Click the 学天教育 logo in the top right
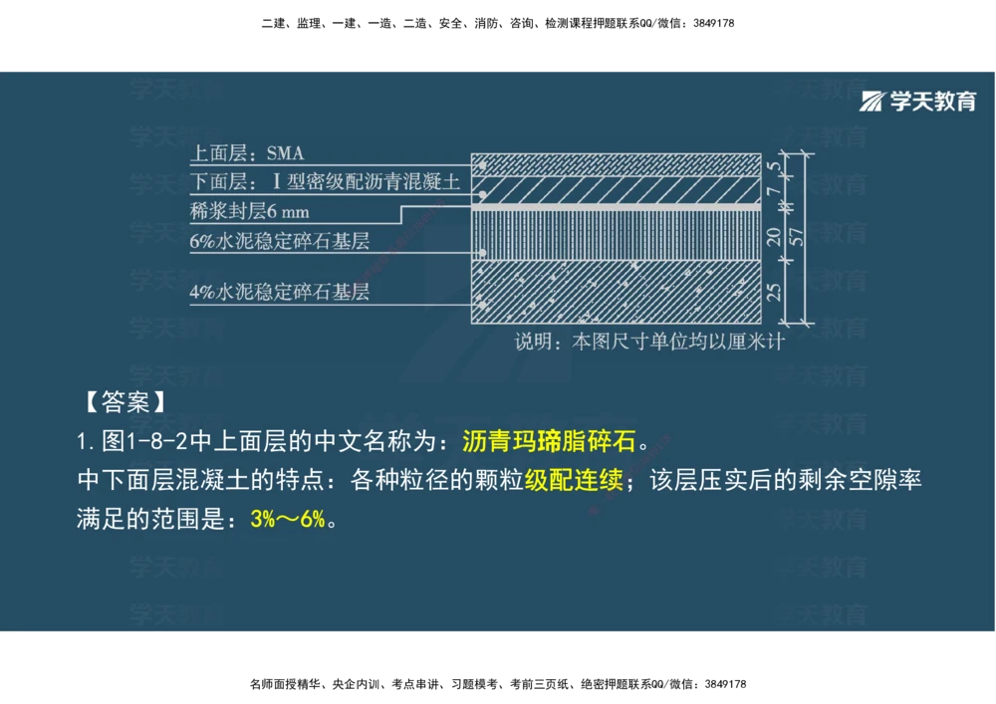tap(918, 101)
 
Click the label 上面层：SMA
tap(247, 153)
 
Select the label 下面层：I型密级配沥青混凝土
tap(325, 182)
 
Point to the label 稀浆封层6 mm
tap(249, 211)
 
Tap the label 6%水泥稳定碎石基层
tap(279, 240)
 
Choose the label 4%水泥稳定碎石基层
tap(279, 293)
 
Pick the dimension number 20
tap(772, 237)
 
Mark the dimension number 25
tap(772, 292)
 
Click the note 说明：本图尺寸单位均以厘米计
tap(649, 342)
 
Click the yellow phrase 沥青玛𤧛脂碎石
tap(549, 441)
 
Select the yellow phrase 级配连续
tap(574, 481)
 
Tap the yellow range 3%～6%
tap(288, 520)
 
